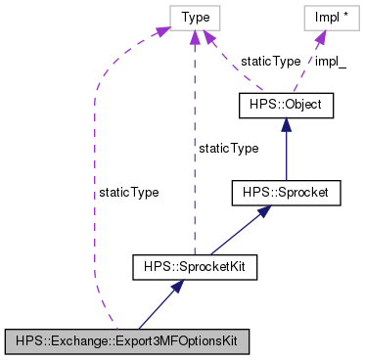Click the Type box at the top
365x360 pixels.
(195, 17)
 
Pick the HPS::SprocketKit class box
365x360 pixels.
(195, 265)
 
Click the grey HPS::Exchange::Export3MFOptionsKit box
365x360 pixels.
(126, 341)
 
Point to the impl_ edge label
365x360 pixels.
(330, 61)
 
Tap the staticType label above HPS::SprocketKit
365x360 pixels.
(228, 148)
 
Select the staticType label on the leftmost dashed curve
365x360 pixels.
(128, 193)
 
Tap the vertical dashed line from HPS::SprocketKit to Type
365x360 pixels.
(195, 147)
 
